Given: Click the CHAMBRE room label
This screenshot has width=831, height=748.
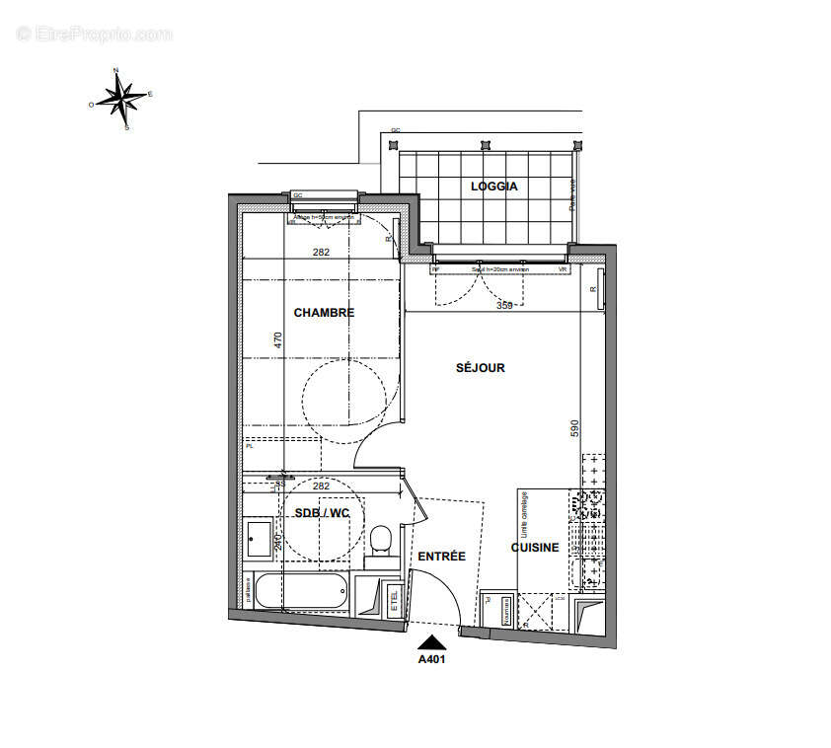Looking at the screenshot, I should click(x=324, y=313).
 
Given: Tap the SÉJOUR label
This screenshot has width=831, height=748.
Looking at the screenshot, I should click(x=480, y=368).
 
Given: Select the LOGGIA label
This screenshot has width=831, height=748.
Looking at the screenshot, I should click(x=493, y=187).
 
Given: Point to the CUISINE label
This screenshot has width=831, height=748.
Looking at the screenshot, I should click(x=535, y=548).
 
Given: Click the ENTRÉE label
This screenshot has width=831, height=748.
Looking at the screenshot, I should click(x=441, y=557).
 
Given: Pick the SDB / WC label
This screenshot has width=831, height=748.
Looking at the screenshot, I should click(x=323, y=513).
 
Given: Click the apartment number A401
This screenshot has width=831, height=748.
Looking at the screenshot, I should click(x=433, y=660).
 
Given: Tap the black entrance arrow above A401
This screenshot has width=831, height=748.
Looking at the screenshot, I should click(x=433, y=642).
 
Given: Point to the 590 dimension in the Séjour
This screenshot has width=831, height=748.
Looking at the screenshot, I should click(x=572, y=428).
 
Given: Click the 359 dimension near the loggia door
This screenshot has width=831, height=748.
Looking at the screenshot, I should click(x=504, y=306).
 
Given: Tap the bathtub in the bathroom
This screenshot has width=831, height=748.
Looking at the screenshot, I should click(x=301, y=592).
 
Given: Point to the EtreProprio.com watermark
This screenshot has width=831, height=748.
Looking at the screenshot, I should click(x=95, y=34).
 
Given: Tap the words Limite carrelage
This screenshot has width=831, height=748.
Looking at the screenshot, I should click(x=525, y=512).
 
